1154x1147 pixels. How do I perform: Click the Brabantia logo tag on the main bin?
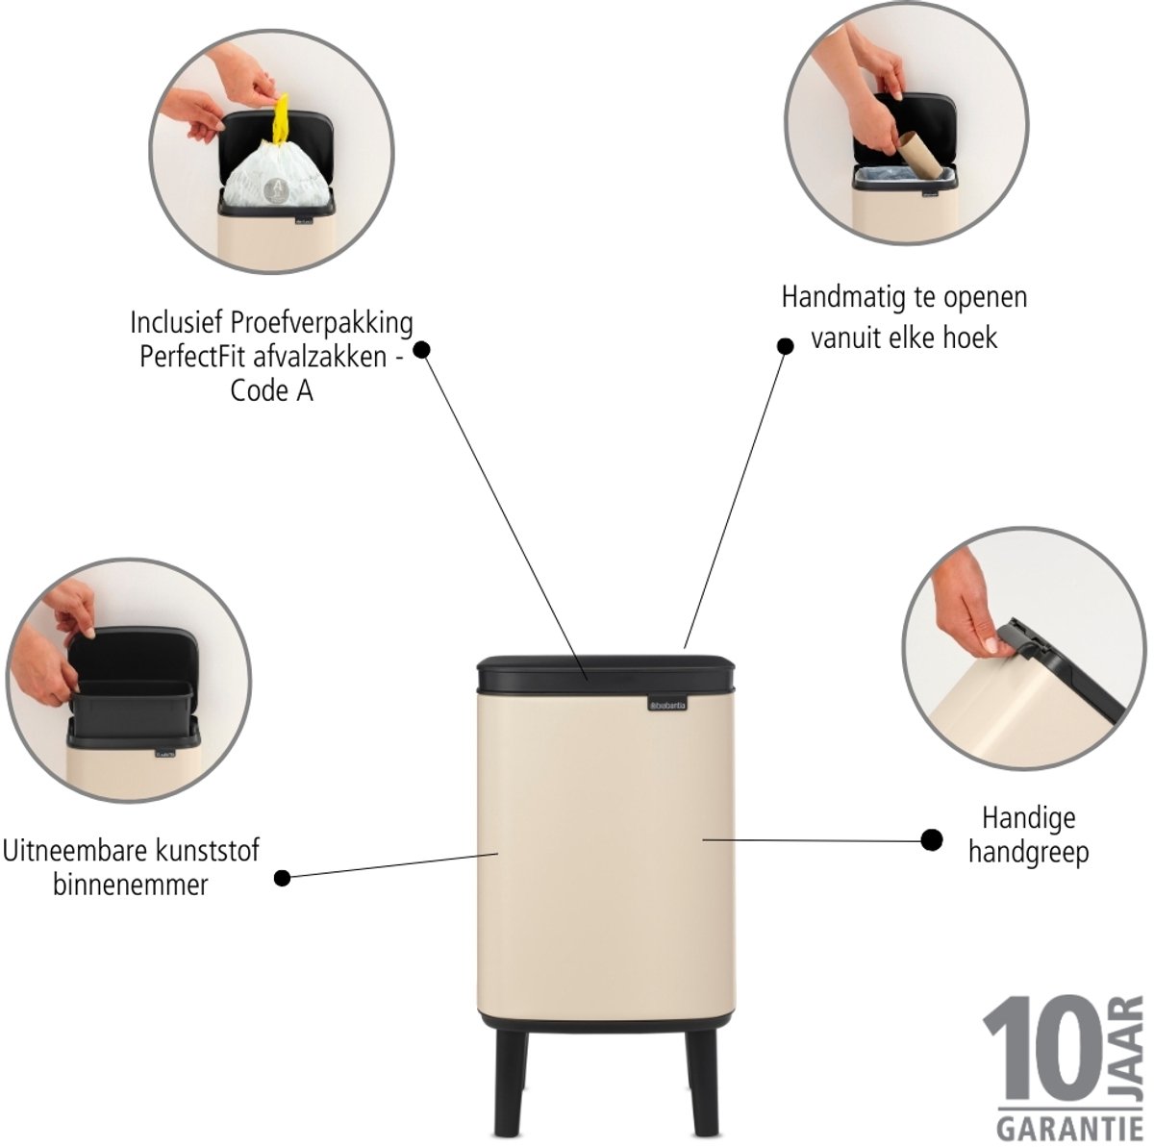666,705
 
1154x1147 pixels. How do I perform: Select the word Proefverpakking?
322,324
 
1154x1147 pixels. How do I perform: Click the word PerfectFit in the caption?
193,358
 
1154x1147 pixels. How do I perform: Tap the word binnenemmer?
131,885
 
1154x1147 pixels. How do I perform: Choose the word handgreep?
1028,854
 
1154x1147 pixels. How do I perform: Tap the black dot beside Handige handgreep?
931,839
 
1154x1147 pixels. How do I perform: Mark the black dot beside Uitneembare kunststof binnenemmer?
282,878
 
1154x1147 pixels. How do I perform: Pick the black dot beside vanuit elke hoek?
785,346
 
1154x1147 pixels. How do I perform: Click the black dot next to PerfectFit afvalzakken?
422,350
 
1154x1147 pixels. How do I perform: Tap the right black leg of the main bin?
705,1083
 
